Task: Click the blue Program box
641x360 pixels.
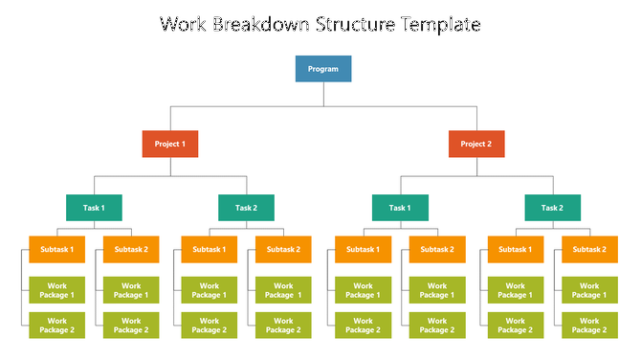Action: point(323,69)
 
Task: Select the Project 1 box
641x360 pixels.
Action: point(170,144)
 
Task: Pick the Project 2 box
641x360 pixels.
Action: point(476,144)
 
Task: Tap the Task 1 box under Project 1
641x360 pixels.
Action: point(94,208)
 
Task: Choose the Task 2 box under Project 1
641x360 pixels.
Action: point(247,208)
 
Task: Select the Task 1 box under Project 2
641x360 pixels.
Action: point(400,208)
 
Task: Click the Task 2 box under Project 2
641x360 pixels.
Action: point(553,208)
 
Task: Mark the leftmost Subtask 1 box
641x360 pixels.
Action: point(56,250)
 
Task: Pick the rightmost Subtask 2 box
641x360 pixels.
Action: point(589,250)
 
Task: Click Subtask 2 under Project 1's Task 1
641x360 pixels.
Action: point(131,250)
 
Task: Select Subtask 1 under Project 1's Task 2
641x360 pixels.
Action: point(210,250)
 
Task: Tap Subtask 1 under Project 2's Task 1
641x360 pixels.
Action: point(363,250)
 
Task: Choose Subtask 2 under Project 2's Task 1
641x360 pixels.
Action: point(437,250)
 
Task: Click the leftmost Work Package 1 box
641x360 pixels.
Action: point(56,290)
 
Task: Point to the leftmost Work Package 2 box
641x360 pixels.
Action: point(56,326)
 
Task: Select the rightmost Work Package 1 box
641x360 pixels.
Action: point(589,290)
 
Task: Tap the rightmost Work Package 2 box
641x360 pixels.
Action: point(589,326)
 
